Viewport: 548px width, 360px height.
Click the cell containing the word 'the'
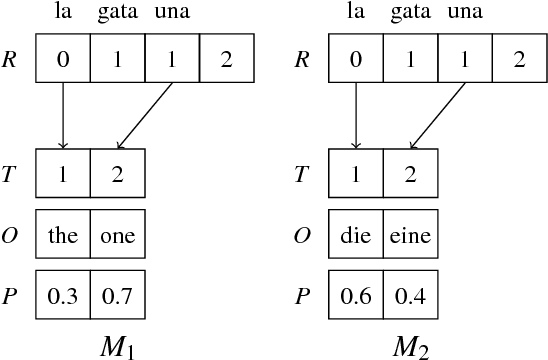click(62, 238)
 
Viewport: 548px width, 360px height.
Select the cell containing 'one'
click(117, 238)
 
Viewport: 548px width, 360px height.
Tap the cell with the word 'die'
click(356, 238)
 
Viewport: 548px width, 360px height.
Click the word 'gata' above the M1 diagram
click(117, 12)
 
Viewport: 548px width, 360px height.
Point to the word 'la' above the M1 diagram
click(62, 12)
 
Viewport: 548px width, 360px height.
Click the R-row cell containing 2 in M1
click(226, 58)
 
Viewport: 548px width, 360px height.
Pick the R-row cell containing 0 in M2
click(356, 58)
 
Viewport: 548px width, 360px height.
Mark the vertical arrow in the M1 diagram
click(62, 115)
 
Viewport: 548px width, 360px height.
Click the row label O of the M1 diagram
click(9, 238)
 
